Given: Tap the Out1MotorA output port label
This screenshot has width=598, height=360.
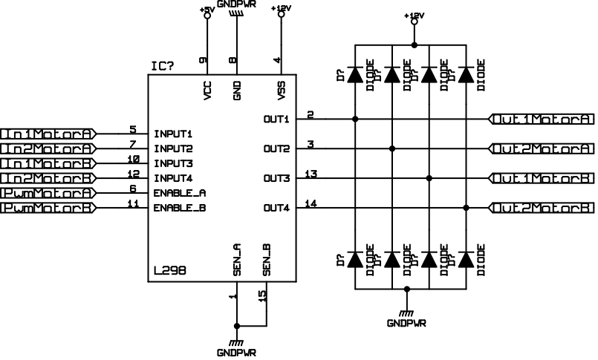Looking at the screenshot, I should pyautogui.click(x=542, y=119).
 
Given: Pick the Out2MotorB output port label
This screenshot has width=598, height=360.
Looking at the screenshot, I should pyautogui.click(x=542, y=208).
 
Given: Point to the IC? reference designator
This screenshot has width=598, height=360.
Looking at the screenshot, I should pyautogui.click(x=163, y=67).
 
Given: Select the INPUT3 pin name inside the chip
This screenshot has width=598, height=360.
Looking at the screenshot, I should pyautogui.click(x=173, y=164).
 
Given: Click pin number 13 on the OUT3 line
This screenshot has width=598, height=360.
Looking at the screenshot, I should pyautogui.click(x=313, y=174).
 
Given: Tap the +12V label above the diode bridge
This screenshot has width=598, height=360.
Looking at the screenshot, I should pyautogui.click(x=415, y=16).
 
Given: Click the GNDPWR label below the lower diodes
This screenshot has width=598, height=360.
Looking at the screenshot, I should pyautogui.click(x=406, y=324).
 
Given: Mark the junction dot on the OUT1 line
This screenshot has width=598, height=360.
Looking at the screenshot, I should pyautogui.click(x=356, y=119).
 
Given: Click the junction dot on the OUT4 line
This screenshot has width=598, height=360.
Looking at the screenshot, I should pyautogui.click(x=467, y=208).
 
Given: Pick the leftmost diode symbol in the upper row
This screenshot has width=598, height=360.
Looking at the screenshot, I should pyautogui.click(x=356, y=76).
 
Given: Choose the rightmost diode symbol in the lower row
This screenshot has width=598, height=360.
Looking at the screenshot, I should pyautogui.click(x=467, y=259).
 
